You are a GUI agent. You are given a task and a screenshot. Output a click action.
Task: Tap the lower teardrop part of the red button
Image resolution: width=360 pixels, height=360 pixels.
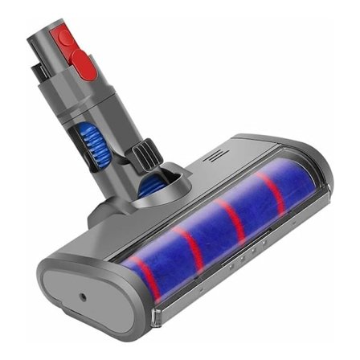[85, 63]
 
